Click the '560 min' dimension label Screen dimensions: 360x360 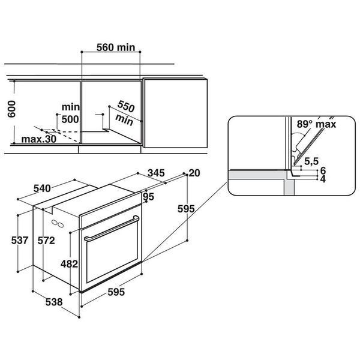point(116,47)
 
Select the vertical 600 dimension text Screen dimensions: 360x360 point(11,109)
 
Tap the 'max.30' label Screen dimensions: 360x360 point(39,139)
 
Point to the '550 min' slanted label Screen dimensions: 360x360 point(125,113)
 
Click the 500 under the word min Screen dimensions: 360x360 point(70,119)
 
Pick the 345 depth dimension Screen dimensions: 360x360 point(156,173)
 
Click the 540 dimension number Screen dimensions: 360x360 point(42,188)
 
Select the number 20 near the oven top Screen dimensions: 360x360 point(194,173)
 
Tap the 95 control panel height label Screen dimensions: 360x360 point(149,197)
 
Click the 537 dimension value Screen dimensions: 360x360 point(20,241)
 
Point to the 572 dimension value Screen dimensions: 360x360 point(46,241)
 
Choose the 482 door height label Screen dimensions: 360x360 point(69,264)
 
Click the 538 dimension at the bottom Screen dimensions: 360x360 point(54,302)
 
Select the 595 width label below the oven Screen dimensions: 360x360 point(116,292)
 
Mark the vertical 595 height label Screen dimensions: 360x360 point(186,209)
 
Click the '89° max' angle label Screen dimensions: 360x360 point(316,124)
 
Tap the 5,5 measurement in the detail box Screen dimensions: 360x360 point(311,161)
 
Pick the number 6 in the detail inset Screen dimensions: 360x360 point(323,170)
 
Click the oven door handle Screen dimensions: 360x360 point(112,229)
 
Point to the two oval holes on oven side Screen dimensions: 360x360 point(58,224)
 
